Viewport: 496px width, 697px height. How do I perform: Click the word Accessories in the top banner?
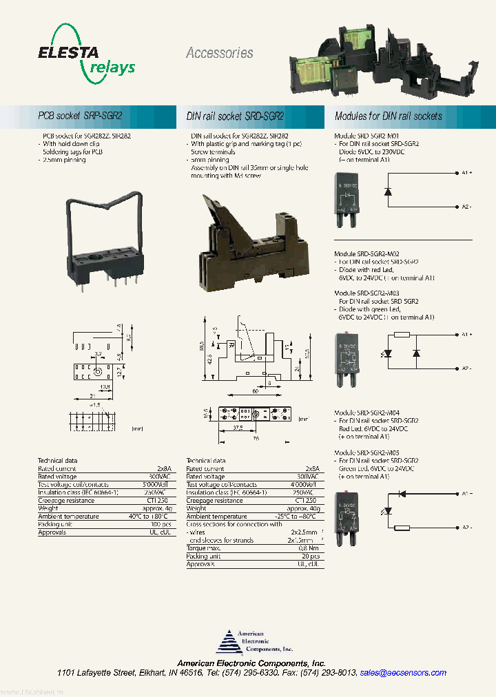point(219,53)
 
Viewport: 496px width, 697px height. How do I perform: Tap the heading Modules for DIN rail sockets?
point(388,116)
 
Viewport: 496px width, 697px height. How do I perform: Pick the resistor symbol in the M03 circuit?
point(402,335)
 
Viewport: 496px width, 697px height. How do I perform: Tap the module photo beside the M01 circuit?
point(349,200)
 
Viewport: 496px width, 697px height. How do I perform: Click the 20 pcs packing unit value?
point(309,556)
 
